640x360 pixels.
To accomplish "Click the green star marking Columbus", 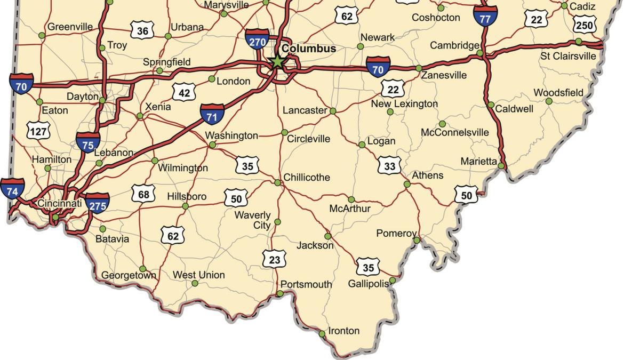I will (x=277, y=61).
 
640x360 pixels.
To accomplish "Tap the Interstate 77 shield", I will (x=485, y=16).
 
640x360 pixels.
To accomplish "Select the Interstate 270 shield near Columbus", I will (x=257, y=39).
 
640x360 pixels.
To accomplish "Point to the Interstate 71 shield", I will (x=212, y=115).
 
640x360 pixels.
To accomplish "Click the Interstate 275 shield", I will (x=98, y=203).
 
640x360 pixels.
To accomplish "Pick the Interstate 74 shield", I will (x=12, y=189).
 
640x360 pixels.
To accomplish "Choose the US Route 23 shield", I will (x=274, y=260).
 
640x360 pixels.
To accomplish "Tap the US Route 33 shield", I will (x=389, y=166).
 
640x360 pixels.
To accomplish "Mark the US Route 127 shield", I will (x=38, y=131).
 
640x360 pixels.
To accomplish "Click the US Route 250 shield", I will (x=585, y=25).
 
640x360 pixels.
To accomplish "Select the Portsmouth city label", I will (x=306, y=284).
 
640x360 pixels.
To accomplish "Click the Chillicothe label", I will (x=307, y=177).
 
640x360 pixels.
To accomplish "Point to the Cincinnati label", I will (x=60, y=203).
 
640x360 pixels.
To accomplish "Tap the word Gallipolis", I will (x=369, y=283).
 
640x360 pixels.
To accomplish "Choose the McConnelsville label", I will (x=454, y=132).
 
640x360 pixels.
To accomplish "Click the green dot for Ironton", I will (x=322, y=334).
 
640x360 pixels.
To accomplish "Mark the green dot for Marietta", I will (x=501, y=166).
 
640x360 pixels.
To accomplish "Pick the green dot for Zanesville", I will (x=419, y=68).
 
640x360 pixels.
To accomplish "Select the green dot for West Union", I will (x=195, y=283).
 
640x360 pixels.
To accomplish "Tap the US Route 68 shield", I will (x=143, y=194).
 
